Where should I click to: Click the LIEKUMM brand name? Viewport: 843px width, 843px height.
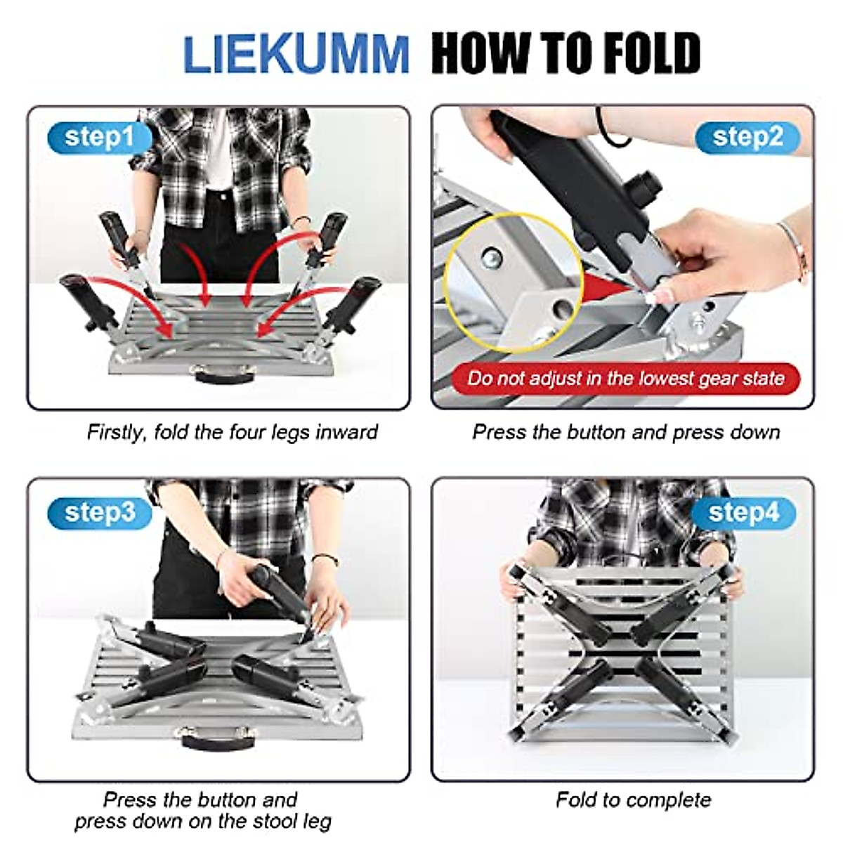coord(296,54)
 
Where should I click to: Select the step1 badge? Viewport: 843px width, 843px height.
coord(99,137)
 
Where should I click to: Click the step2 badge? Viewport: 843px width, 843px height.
coord(747,137)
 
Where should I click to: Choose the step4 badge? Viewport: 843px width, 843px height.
coord(744,513)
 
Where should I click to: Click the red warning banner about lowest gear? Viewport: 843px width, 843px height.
coord(625,379)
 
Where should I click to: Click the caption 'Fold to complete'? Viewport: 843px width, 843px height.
coord(633,799)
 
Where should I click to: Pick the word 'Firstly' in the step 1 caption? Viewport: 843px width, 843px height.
coord(117,431)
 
